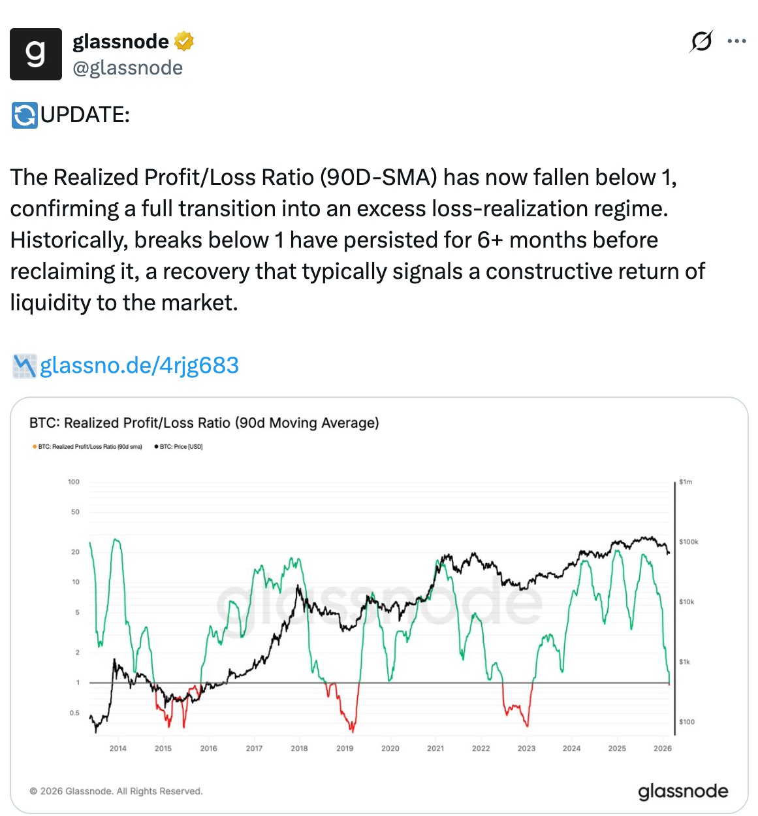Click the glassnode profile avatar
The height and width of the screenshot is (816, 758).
click(36, 54)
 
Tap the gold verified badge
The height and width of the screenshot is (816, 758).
click(183, 41)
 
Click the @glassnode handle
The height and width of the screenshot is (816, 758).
click(128, 68)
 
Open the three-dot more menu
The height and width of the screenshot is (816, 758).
click(736, 41)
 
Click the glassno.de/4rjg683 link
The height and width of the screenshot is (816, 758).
click(139, 365)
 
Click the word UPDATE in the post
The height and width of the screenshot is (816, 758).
click(85, 114)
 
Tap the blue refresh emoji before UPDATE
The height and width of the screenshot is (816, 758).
click(25, 115)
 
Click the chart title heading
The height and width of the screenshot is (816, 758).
click(204, 423)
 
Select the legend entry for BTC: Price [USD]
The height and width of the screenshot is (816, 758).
click(179, 447)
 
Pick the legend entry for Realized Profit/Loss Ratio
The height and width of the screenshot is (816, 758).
click(87, 447)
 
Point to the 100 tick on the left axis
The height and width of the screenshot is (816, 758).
click(74, 481)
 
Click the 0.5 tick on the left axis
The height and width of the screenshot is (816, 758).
click(74, 713)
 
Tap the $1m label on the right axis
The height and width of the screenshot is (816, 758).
click(686, 481)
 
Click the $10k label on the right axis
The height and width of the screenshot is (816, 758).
click(687, 602)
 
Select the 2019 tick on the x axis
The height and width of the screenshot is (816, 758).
click(345, 748)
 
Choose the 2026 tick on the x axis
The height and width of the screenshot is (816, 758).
click(662, 748)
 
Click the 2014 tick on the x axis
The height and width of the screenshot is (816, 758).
click(118, 748)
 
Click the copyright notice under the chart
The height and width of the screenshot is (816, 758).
click(116, 791)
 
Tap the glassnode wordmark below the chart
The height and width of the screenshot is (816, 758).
click(683, 791)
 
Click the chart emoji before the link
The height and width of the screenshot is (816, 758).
click(24, 366)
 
